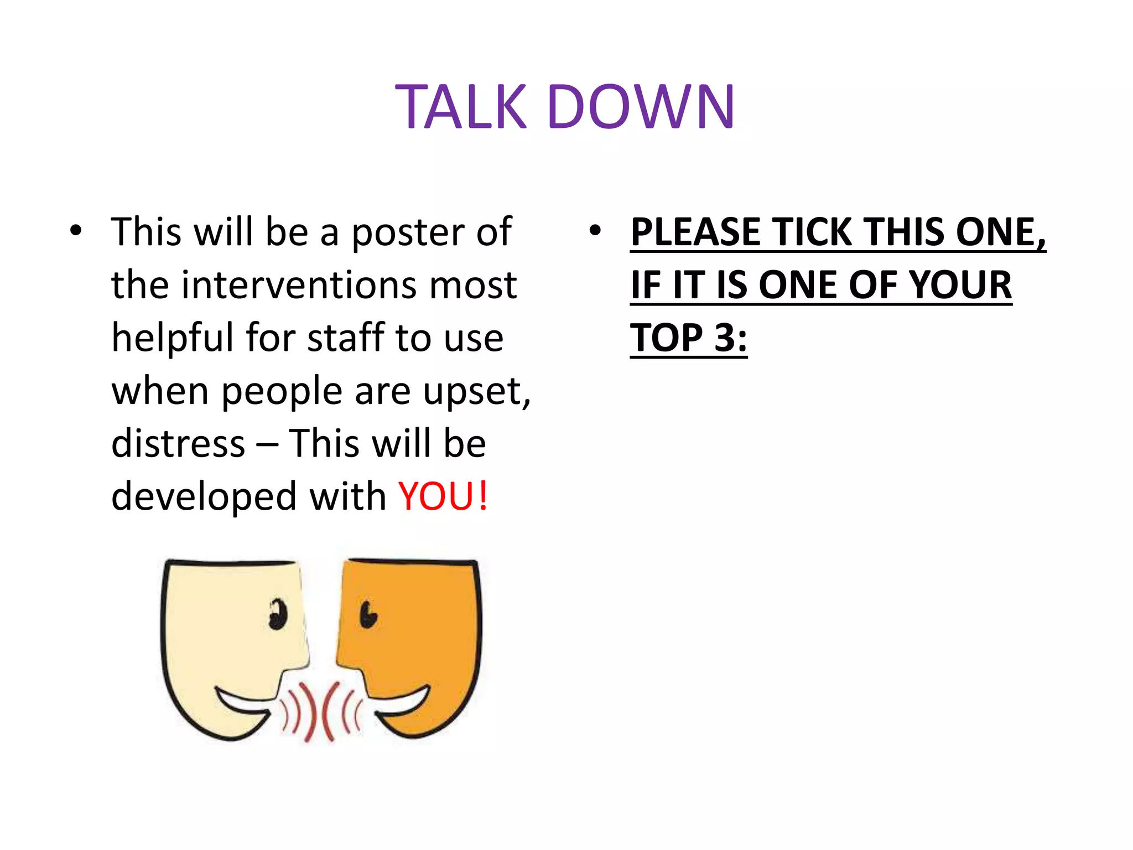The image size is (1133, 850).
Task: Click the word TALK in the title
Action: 461,107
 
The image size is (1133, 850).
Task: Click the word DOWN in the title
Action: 641,107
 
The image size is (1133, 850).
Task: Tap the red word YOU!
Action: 443,496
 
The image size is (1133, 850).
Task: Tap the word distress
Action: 178,444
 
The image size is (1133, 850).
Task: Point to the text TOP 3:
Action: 688,338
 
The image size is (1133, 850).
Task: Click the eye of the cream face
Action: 278,614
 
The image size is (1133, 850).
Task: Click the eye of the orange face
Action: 367,614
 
